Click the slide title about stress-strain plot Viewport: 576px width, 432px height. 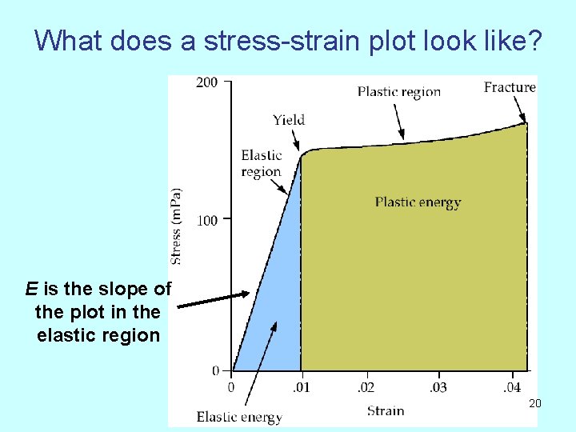288,40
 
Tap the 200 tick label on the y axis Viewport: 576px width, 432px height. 206,82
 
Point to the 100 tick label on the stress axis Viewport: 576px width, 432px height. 206,220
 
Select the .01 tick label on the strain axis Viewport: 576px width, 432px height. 301,388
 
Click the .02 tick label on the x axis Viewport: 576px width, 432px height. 365,388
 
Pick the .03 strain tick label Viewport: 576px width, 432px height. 438,388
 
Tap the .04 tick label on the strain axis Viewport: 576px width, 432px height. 510,388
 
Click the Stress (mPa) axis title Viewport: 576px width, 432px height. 176,226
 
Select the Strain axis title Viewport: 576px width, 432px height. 386,410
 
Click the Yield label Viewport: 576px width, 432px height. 289,120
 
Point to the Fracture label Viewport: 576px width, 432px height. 510,87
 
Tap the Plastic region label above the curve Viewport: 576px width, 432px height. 399,91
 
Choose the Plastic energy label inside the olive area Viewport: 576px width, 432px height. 418,202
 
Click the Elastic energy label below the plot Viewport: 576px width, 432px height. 239,417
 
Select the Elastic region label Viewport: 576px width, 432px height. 262,163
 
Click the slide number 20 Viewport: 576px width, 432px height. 535,403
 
